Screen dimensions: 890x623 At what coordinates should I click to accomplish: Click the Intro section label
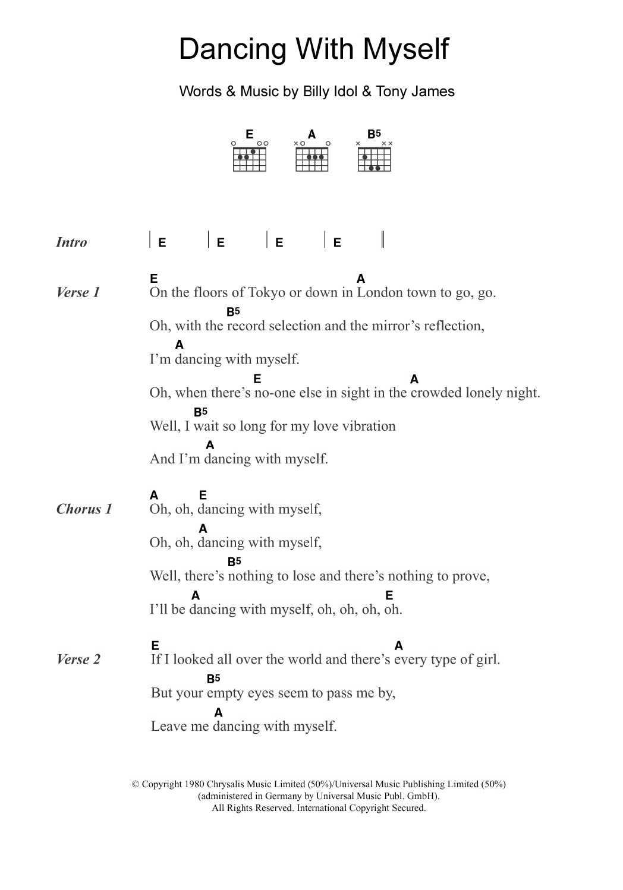pos(71,242)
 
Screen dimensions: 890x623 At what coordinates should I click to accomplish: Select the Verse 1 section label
pos(78,292)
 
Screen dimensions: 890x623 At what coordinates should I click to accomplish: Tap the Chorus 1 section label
pos(84,509)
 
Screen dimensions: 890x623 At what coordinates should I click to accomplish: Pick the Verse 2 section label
pos(78,659)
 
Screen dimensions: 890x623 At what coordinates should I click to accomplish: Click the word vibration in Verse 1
pos(366,426)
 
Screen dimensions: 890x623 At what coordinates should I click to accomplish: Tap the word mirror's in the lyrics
pos(396,326)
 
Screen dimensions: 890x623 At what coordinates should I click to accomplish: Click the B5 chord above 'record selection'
pos(232,311)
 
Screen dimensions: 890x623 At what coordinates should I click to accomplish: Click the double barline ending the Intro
pos(383,239)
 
